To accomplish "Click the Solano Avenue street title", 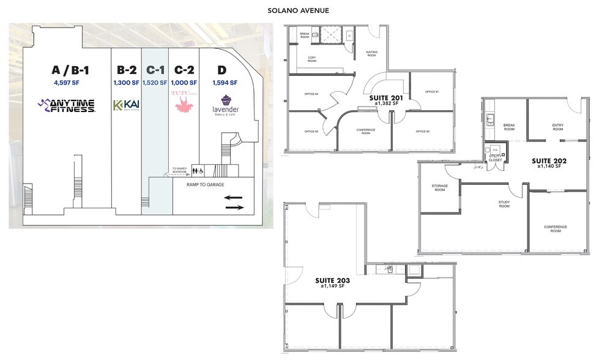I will click(x=299, y=10).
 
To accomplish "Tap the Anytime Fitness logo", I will click(x=66, y=105).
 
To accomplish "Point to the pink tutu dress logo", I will click(x=184, y=102).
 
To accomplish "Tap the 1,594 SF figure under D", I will click(x=226, y=83).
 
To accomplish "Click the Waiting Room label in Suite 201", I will click(x=371, y=53).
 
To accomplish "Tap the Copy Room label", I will click(x=311, y=60).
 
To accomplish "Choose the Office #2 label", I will click(x=423, y=132).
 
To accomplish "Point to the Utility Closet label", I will click(x=495, y=158).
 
